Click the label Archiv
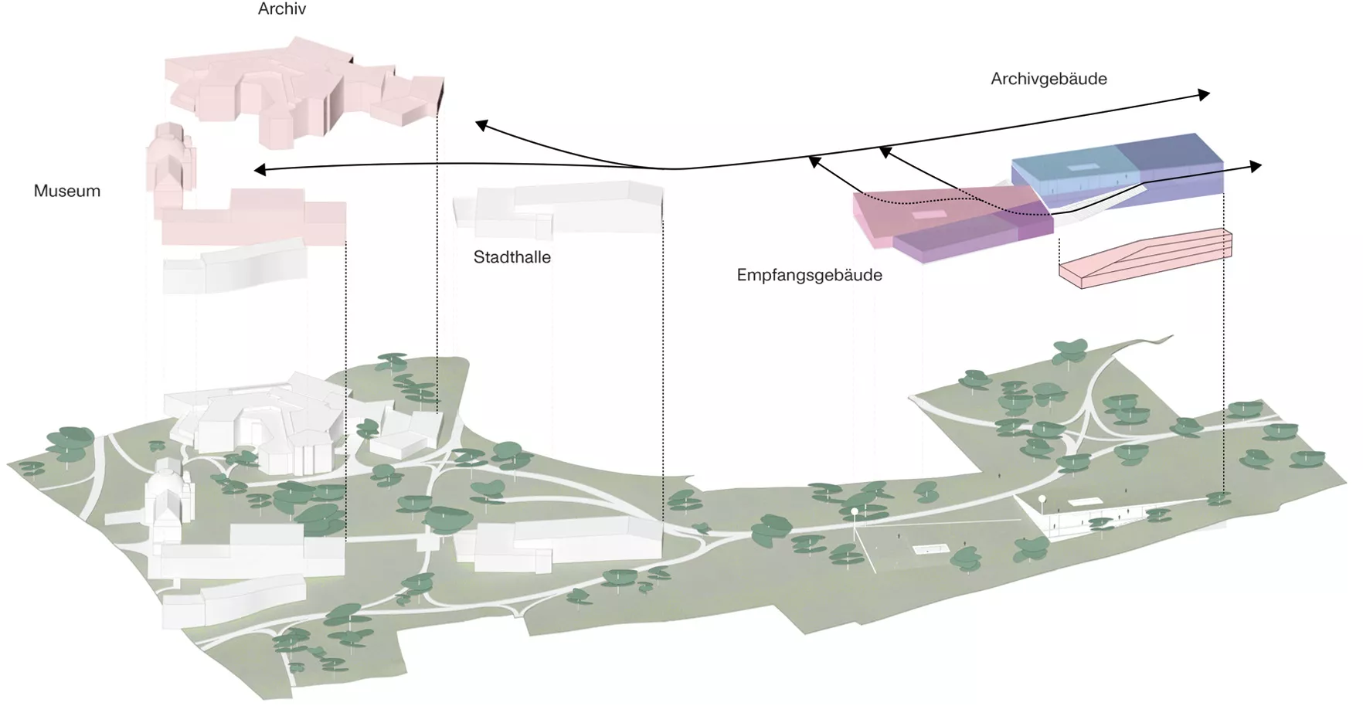(282, 9)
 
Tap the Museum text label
(67, 191)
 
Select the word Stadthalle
(512, 257)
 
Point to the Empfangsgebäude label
(809, 275)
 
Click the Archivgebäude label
(1049, 79)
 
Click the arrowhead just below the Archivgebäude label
(1203, 94)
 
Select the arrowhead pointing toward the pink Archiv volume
(481, 124)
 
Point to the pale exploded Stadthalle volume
(564, 207)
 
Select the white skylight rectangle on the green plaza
(930, 549)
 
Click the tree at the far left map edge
(32, 467)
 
